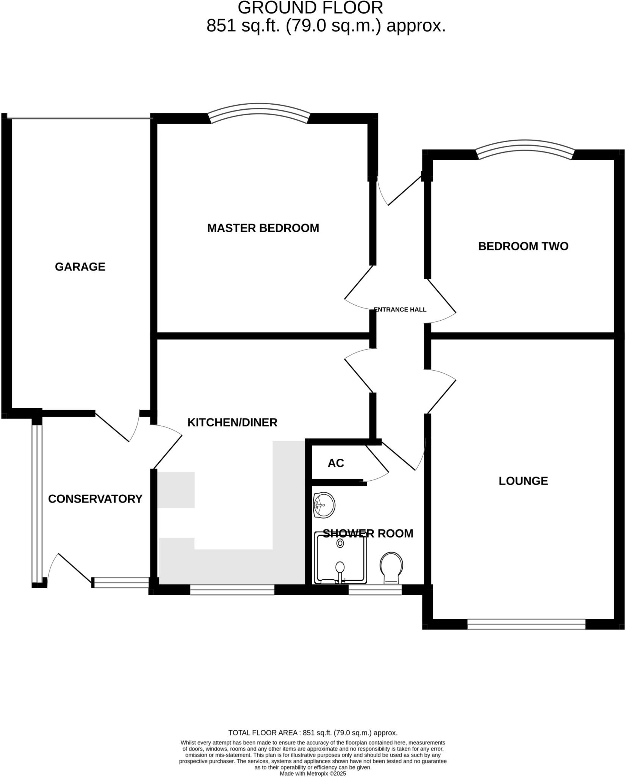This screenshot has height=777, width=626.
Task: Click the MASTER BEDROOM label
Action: tap(263, 228)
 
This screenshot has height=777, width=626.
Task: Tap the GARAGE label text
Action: tap(80, 267)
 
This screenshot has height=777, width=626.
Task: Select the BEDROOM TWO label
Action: tap(523, 246)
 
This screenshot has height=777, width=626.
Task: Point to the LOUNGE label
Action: tap(523, 481)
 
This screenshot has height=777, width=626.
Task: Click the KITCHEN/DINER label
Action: tap(232, 422)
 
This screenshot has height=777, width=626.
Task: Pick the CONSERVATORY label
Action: tap(95, 499)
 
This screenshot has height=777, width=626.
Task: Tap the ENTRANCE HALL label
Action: tap(400, 310)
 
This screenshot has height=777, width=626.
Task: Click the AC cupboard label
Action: tap(336, 463)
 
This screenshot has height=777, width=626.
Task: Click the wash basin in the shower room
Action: tap(324, 505)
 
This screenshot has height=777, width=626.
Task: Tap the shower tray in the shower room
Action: tap(340, 560)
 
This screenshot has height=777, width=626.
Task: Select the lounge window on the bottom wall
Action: tap(526, 624)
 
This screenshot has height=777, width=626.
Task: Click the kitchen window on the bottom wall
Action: tap(232, 590)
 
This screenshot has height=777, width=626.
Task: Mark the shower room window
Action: tap(375, 590)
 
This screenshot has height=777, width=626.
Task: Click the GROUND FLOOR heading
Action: tap(310, 8)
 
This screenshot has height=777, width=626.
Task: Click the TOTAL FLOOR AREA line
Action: tap(313, 733)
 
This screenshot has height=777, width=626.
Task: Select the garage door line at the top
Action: tap(80, 119)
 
